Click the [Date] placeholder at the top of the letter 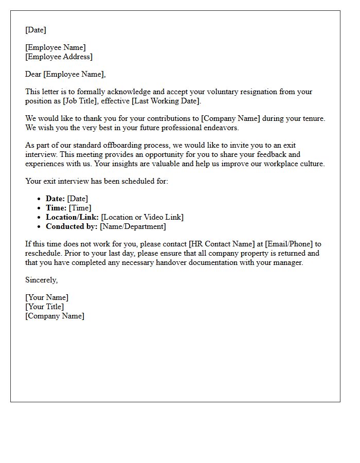[x=35, y=30]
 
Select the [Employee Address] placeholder [x=59, y=57]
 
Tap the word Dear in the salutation [x=33, y=75]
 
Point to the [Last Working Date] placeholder [x=164, y=101]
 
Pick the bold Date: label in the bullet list [x=55, y=199]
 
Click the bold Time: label [x=56, y=208]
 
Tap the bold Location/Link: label [x=72, y=218]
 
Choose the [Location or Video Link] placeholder [x=142, y=218]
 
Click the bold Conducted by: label [x=71, y=227]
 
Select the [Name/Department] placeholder [x=133, y=227]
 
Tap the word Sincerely [x=41, y=280]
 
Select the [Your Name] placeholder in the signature [x=47, y=298]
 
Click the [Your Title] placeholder [x=45, y=307]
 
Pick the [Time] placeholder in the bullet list [x=80, y=208]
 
